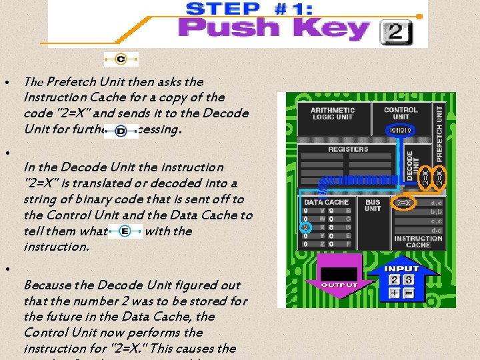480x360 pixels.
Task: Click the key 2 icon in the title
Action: click(397, 31)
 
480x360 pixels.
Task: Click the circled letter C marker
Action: click(121, 59)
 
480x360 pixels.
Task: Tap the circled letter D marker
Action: click(121, 131)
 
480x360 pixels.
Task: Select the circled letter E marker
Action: click(125, 231)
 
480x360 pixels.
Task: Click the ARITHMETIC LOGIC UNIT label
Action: click(333, 113)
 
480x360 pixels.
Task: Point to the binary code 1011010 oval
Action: click(401, 131)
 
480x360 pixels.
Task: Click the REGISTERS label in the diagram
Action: click(348, 149)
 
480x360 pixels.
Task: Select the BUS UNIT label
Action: click(373, 205)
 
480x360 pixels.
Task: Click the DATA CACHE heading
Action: click(326, 201)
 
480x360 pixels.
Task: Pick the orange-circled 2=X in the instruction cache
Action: click(404, 202)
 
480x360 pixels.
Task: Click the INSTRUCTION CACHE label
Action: click(418, 242)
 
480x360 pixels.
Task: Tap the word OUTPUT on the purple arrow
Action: click(339, 285)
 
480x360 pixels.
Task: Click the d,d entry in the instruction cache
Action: click(436, 230)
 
